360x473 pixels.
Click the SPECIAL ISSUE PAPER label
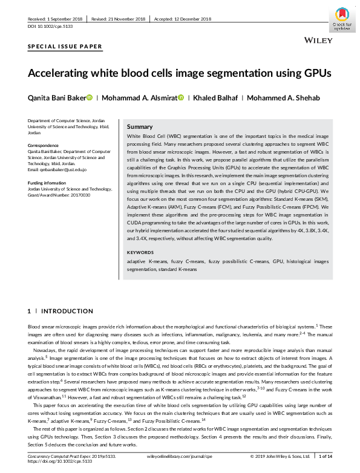pos(65,47)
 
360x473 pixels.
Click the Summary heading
pos(140,127)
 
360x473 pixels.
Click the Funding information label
pos(50,183)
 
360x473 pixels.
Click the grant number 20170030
pos(80,195)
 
